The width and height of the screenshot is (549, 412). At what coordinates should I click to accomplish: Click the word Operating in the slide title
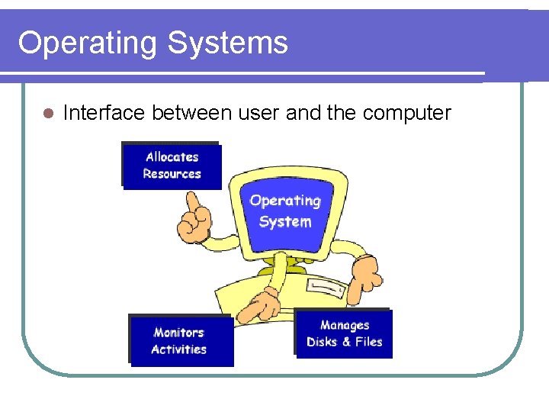(87, 43)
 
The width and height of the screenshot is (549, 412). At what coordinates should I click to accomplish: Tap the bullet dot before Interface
(47, 114)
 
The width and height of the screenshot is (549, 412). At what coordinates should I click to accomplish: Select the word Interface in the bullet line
(104, 114)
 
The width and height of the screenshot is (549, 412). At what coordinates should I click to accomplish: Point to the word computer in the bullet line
(407, 114)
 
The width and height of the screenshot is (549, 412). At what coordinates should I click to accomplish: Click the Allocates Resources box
(172, 166)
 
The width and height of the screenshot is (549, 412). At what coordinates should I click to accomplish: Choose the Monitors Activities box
(179, 340)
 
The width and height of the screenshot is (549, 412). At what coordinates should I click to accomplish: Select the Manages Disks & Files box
(344, 333)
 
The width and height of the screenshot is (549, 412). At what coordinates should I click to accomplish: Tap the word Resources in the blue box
(172, 174)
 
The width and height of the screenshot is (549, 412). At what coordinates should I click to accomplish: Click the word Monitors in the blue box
(178, 333)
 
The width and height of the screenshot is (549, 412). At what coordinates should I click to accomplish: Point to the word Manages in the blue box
(345, 325)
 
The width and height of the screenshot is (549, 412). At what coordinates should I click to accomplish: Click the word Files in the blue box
(368, 342)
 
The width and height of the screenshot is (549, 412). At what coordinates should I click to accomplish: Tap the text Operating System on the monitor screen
(285, 211)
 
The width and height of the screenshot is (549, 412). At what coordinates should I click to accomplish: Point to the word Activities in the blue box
(178, 349)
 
